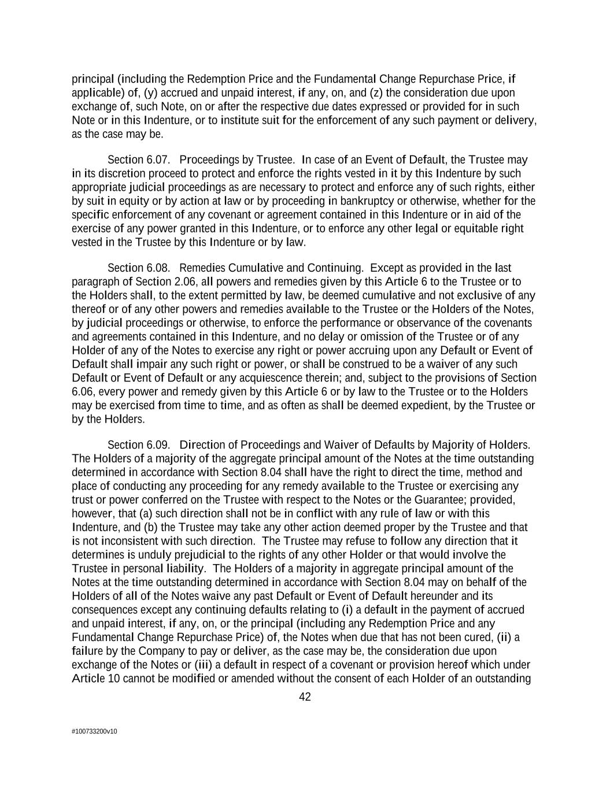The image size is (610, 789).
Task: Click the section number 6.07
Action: pos(157,160)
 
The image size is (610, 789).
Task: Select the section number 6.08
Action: pos(157,268)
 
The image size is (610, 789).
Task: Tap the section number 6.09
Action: pos(157,445)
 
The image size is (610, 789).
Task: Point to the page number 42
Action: pos(305,697)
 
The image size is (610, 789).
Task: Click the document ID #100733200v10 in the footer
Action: pos(94,731)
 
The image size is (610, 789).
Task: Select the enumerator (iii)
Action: pos(203,665)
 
